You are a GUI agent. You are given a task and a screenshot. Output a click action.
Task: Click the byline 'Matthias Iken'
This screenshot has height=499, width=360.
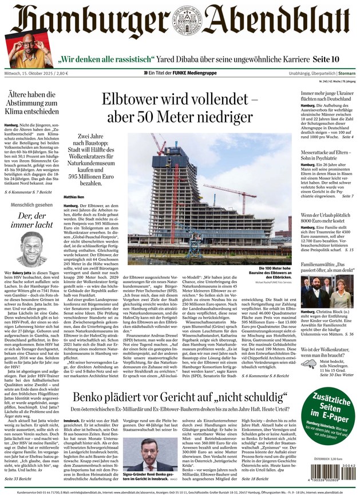pyautogui.click(x=74, y=197)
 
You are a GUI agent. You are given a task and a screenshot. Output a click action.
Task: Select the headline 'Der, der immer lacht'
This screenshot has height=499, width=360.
pyautogui.click(x=31, y=222)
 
